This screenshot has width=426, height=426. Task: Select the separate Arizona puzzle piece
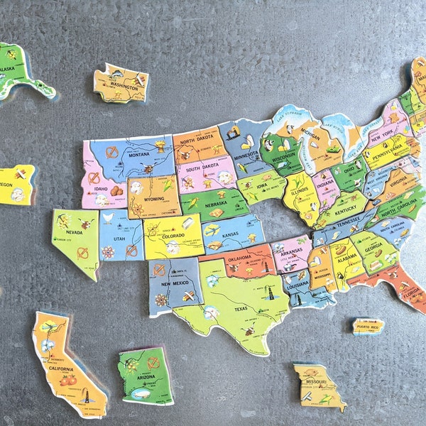[x=145, y=376]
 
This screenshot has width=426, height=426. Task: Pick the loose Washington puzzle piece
[x=121, y=83]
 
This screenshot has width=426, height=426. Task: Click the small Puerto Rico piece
[x=368, y=326]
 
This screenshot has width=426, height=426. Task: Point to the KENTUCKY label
[x=347, y=212]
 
